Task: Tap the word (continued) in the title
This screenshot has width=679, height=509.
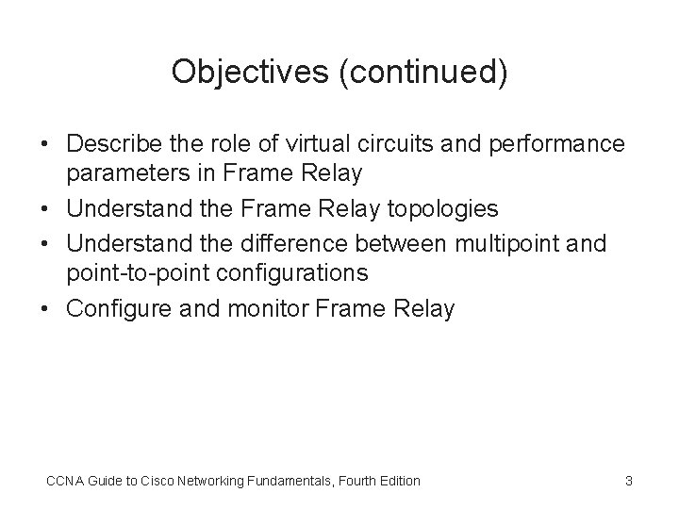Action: (421, 73)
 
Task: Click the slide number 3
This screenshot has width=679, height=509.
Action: (629, 481)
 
